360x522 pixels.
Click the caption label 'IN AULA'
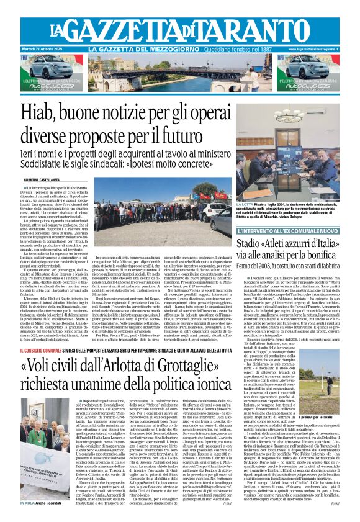pyautogui.click(x=30, y=504)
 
